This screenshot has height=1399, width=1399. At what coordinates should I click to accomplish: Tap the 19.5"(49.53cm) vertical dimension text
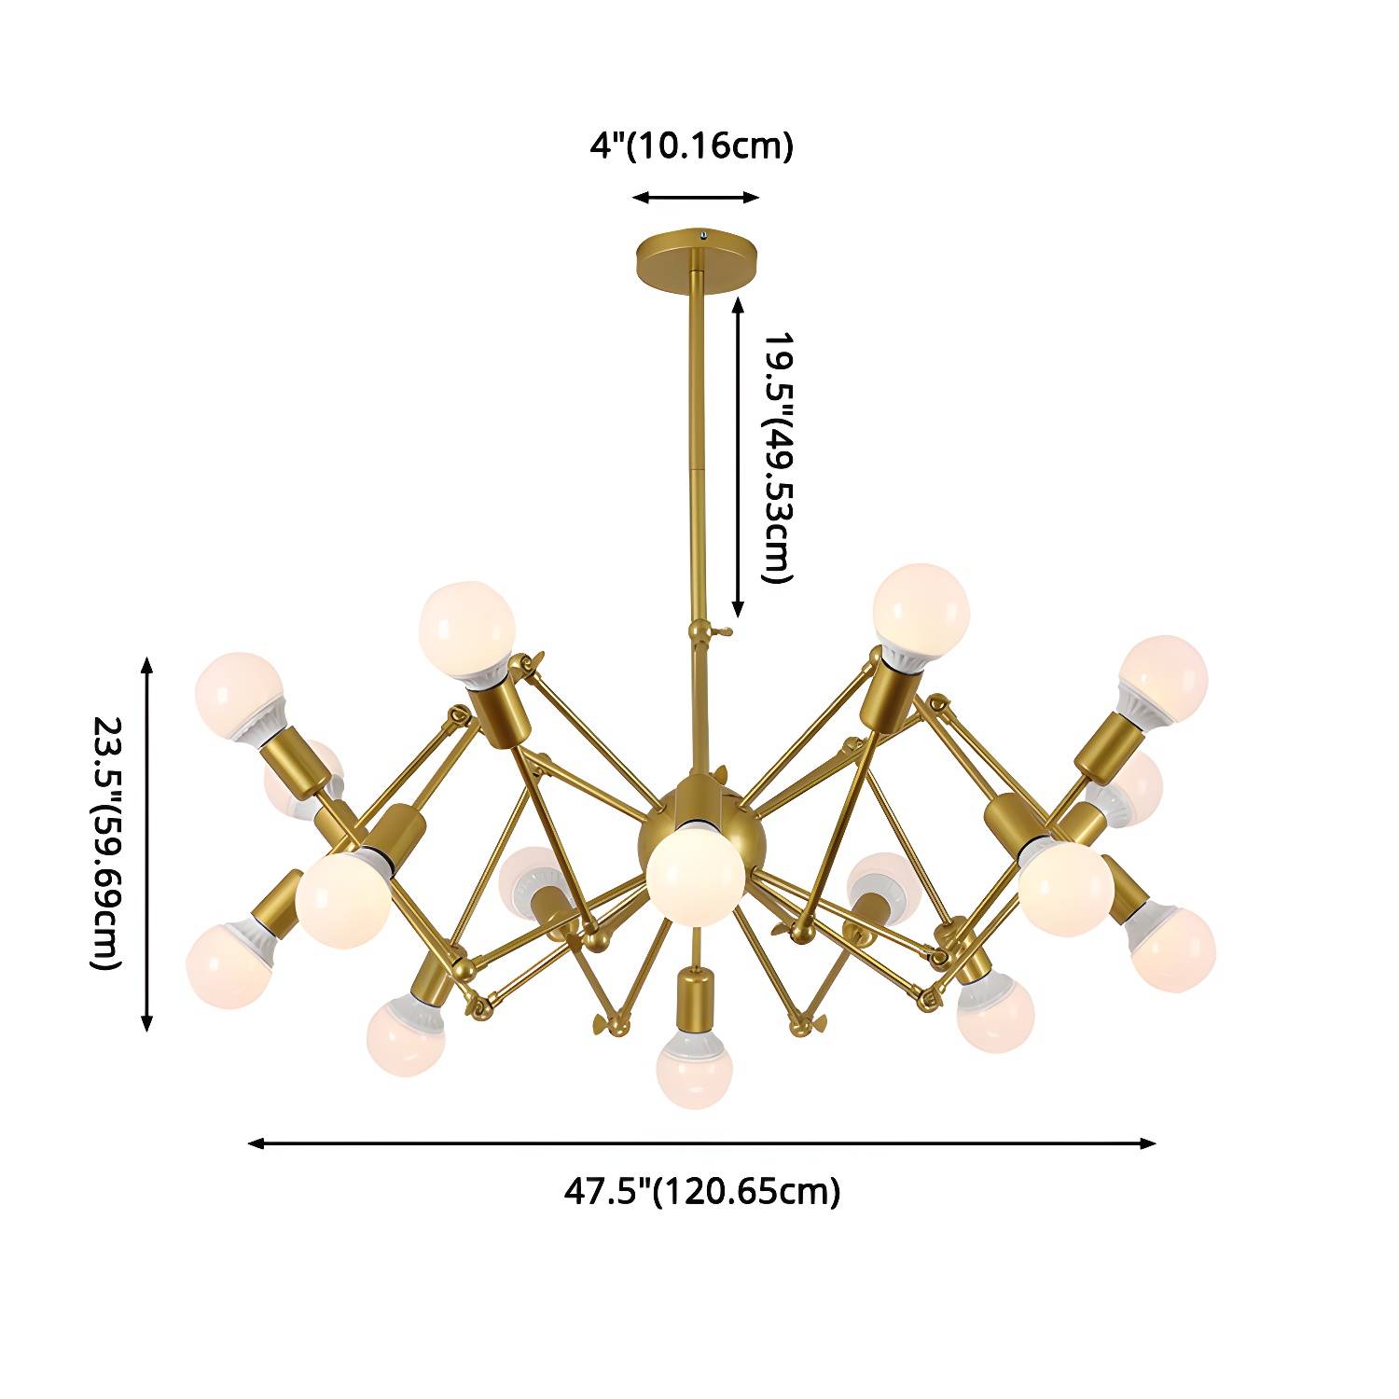tap(775, 457)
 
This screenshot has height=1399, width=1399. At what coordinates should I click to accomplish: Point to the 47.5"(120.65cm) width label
tap(701, 1191)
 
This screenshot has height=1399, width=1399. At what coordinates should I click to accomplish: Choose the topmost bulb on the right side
tap(921, 613)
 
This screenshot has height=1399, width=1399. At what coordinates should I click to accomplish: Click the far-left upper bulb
tap(239, 695)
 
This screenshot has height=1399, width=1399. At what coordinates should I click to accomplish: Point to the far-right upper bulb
tap(1163, 679)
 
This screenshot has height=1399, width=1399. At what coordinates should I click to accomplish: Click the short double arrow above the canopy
tap(696, 198)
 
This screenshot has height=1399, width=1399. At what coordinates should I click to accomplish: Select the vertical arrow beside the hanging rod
tap(739, 457)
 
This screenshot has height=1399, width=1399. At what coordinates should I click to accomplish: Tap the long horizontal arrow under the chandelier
tap(701, 1143)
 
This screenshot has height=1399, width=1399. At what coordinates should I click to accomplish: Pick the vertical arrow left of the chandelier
tap(146, 843)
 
